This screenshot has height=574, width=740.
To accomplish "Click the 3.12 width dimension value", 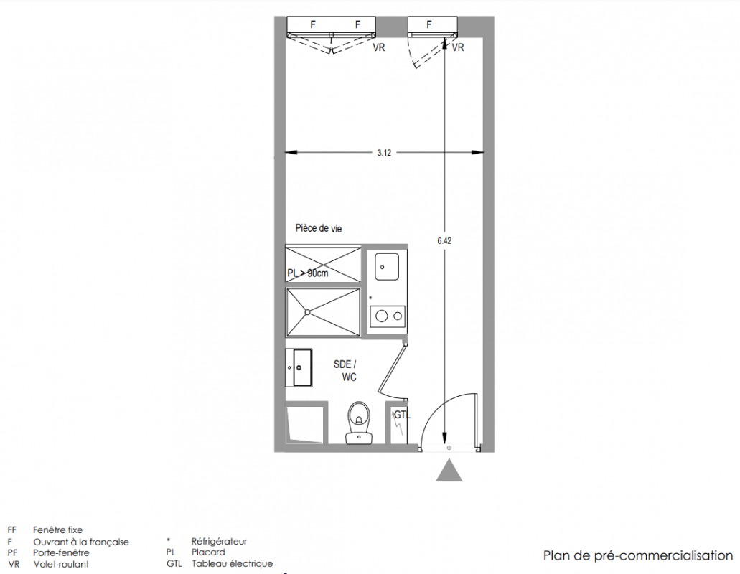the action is pyautogui.click(x=384, y=153).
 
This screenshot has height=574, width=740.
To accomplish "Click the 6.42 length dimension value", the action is pyautogui.click(x=444, y=240).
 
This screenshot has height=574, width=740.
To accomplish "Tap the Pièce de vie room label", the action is pyautogui.click(x=319, y=228).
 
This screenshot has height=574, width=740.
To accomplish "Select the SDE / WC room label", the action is pyautogui.click(x=345, y=371).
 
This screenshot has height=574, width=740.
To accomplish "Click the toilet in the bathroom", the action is pyautogui.click(x=359, y=423).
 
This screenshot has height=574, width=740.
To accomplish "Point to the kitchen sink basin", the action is pyautogui.click(x=387, y=267).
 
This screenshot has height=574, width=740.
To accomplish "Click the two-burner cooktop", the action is pyautogui.click(x=388, y=316).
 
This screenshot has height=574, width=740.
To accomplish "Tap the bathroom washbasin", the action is pyautogui.click(x=299, y=367).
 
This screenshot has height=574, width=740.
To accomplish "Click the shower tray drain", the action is pyautogui.click(x=308, y=312).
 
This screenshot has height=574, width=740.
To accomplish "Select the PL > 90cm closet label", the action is pyautogui.click(x=308, y=273).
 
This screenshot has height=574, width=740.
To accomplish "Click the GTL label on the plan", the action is pyautogui.click(x=402, y=415).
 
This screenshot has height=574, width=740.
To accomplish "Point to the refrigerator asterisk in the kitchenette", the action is pyautogui.click(x=370, y=298).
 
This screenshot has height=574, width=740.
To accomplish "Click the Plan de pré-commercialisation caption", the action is pyautogui.click(x=638, y=555).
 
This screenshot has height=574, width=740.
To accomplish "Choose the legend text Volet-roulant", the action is pyautogui.click(x=61, y=564).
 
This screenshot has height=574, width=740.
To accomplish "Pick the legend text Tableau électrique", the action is pyautogui.click(x=233, y=564).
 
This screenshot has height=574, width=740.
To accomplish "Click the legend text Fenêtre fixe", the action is pyautogui.click(x=57, y=530).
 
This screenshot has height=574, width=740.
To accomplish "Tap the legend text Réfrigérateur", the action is pyautogui.click(x=219, y=542).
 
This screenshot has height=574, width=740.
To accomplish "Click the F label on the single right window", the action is pyautogui.click(x=429, y=24).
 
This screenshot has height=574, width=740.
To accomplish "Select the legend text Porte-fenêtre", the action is pyautogui.click(x=61, y=552).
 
